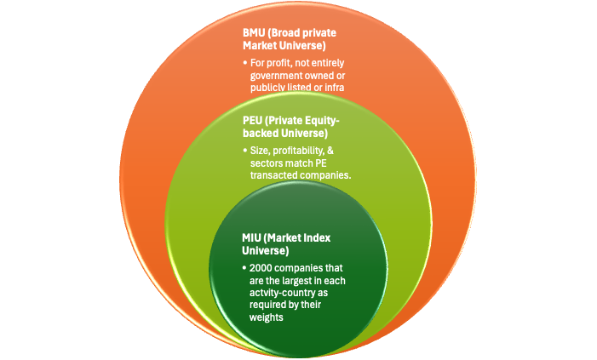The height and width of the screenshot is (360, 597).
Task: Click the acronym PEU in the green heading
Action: [x=255, y=121]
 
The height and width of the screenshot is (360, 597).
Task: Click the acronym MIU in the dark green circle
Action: [x=254, y=239]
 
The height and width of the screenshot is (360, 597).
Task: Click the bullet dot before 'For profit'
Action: [x=244, y=63]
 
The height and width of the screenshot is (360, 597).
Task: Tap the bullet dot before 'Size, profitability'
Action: [x=244, y=151]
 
